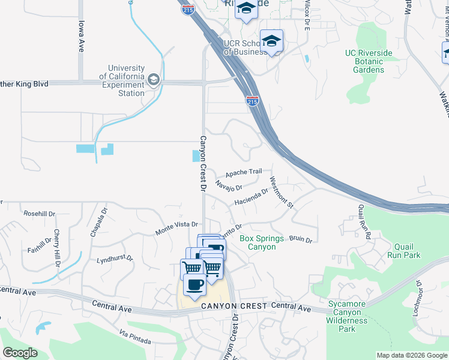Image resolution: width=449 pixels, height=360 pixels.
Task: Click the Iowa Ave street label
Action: point(81,37)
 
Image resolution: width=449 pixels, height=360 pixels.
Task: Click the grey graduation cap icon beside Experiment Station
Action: point(154,80)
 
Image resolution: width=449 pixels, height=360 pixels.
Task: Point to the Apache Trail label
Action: point(244,172)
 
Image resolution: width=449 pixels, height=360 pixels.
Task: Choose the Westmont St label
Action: point(281,192)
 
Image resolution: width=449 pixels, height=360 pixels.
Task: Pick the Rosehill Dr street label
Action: point(39,213)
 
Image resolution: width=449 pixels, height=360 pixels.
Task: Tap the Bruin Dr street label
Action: point(301,239)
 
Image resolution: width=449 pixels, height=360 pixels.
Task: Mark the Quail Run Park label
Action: point(408,251)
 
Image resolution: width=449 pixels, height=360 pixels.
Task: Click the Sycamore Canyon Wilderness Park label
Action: point(348,316)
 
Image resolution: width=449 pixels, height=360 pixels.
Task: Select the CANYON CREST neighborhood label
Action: point(232,306)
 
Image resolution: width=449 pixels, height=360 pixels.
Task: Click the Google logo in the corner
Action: point(20,353)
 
